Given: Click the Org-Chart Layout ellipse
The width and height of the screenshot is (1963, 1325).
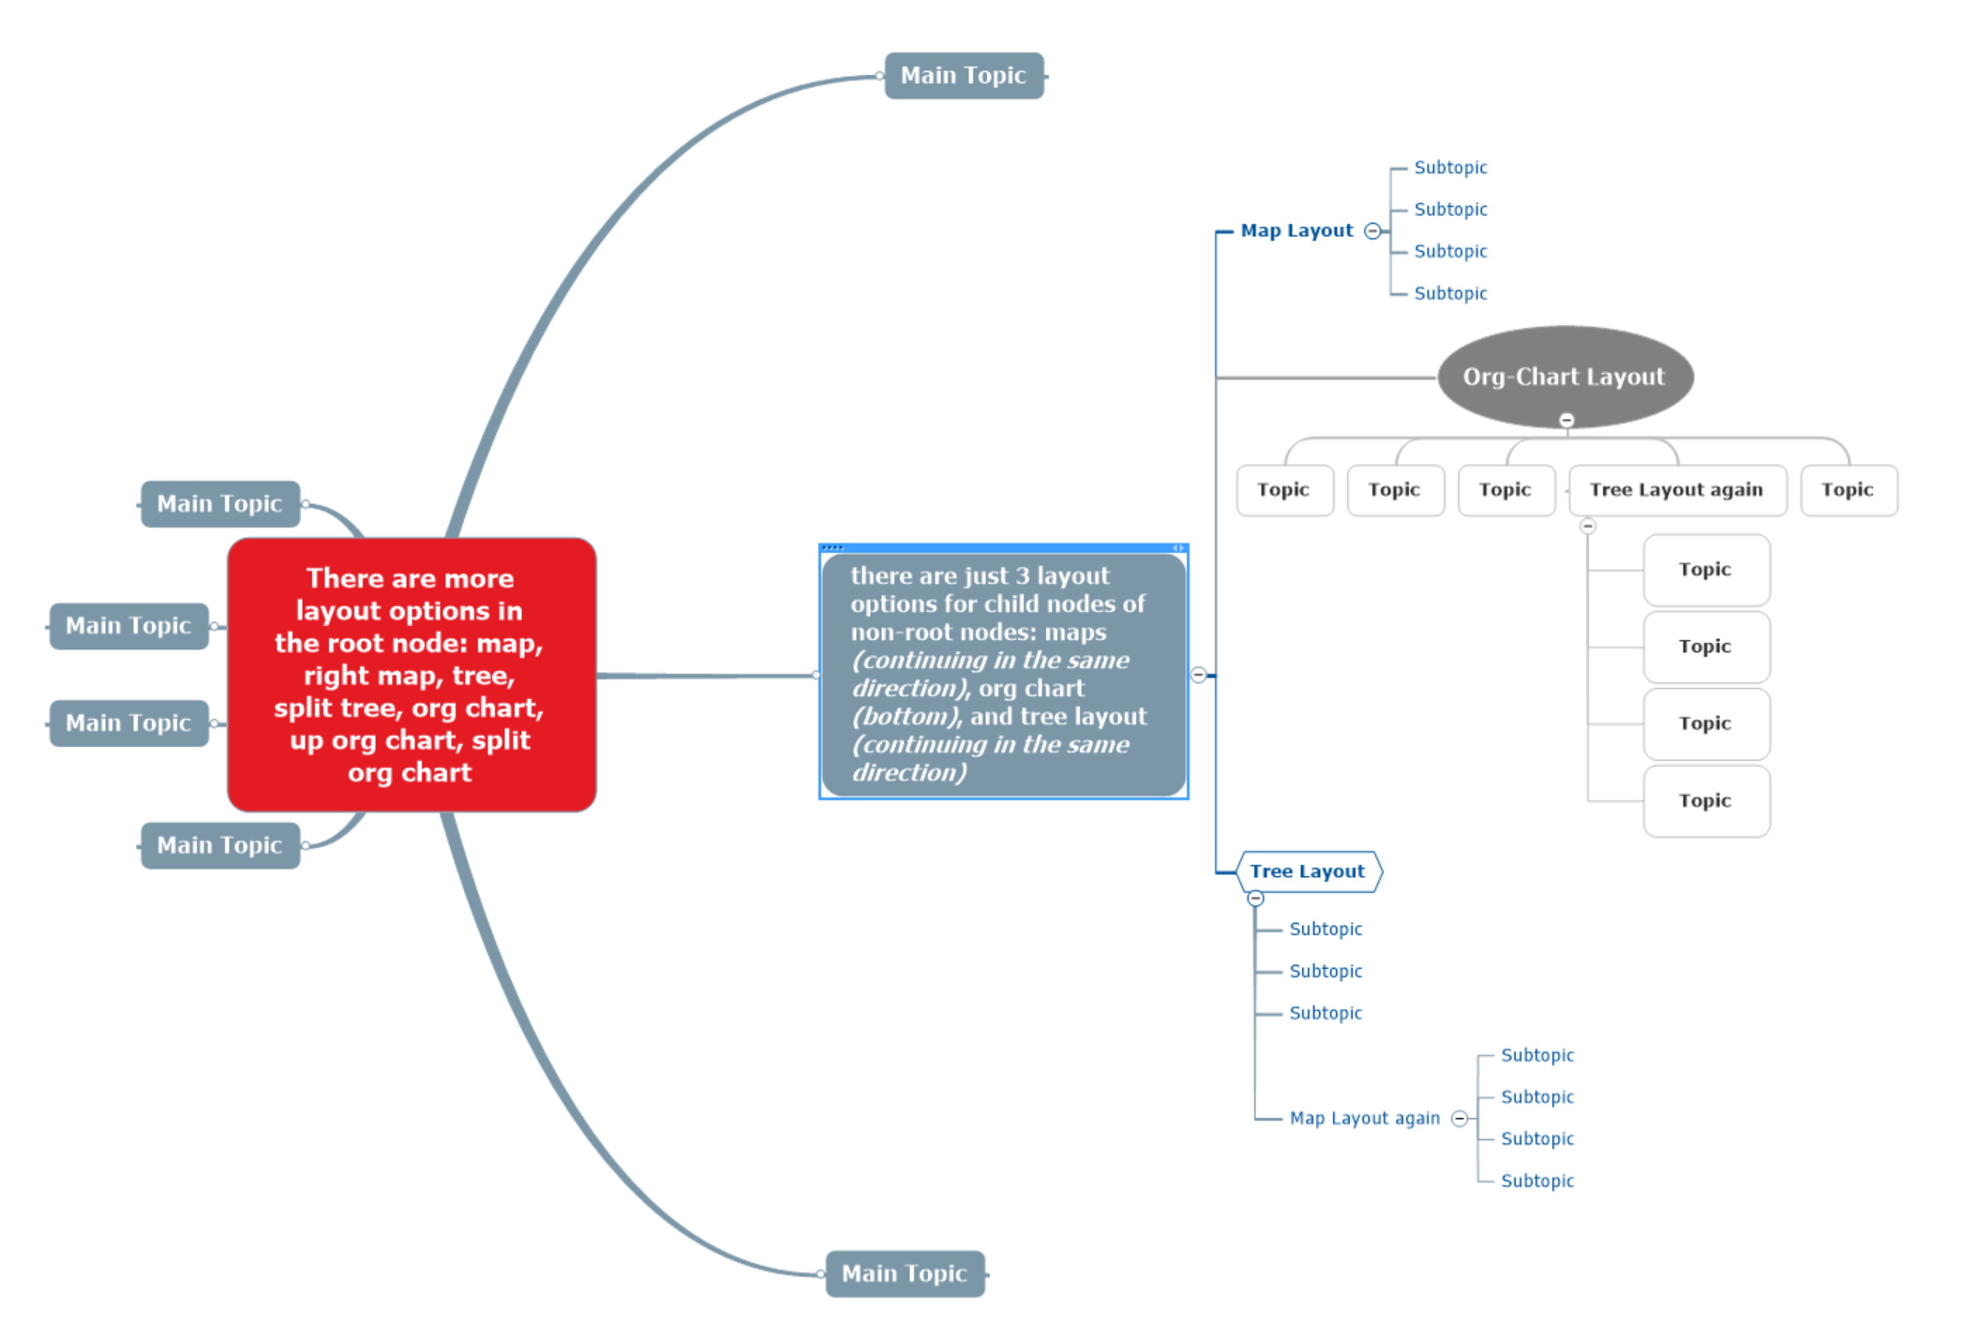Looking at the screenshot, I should point(1564,377).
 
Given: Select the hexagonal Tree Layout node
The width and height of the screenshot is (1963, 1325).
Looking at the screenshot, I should point(1308,871).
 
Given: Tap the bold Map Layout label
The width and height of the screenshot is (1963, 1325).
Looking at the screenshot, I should point(1296,231).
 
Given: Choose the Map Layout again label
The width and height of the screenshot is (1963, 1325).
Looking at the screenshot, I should point(1364,1118).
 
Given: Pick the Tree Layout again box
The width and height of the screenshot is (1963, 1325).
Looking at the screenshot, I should point(1676,490).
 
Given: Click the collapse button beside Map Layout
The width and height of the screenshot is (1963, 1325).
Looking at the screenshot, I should point(1372,231).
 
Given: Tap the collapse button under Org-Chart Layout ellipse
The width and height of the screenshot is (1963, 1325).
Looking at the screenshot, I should point(1566,420).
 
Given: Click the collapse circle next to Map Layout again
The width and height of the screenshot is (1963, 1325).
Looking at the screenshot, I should point(1460,1118).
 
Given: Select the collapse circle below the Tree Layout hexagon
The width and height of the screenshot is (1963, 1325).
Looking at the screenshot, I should point(1256,899).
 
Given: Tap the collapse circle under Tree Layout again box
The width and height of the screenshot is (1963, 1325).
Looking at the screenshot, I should point(1588,526).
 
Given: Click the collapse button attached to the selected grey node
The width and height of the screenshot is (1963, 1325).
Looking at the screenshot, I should point(1199,675).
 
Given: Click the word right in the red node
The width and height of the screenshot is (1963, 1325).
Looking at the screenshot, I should point(336,676).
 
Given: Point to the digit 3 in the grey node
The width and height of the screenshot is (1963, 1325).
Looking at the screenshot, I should point(1023,575).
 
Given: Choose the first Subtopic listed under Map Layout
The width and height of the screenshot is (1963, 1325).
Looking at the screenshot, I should point(1450,168).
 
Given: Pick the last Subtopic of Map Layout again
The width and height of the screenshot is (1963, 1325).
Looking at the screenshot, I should point(1537,1181).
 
